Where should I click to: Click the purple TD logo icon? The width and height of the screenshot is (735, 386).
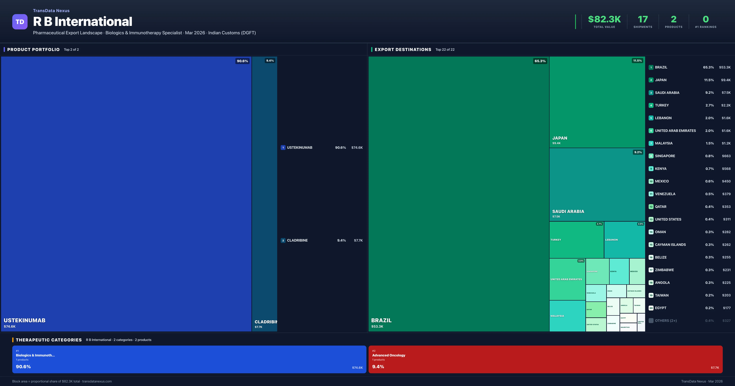coord(20,22)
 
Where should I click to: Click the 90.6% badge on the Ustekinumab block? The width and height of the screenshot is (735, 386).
coord(242,61)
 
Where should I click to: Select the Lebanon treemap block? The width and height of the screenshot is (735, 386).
coord(624,240)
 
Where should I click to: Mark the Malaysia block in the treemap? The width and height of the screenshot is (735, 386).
coord(567,316)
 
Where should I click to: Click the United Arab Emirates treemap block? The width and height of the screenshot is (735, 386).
coord(567,279)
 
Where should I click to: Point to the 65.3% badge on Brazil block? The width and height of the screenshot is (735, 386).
coord(540,61)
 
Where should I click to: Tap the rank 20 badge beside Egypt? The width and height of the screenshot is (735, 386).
coord(651,308)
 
